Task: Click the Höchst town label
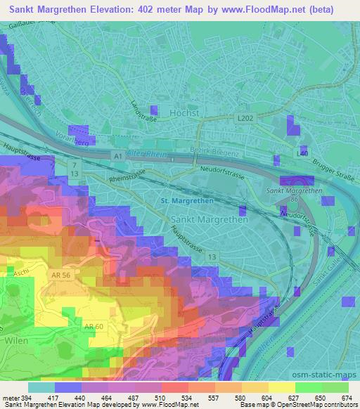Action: pos(186,112)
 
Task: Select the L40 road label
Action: pos(301,153)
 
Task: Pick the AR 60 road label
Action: pos(95,306)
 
